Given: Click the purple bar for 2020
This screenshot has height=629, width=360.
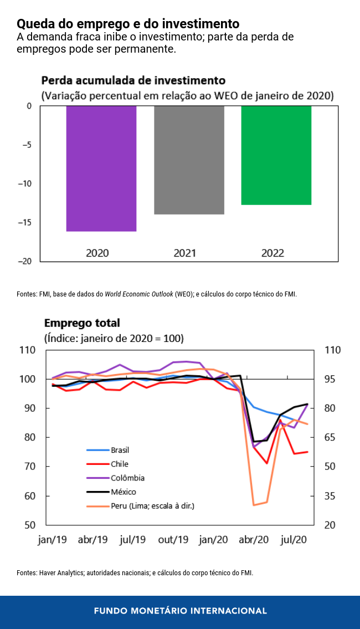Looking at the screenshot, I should tap(101, 168).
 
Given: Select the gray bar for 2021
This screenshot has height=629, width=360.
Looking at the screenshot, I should tap(189, 160).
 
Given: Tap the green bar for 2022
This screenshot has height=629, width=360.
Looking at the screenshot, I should tap(276, 155).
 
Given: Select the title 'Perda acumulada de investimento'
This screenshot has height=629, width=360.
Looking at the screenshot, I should tap(133, 80).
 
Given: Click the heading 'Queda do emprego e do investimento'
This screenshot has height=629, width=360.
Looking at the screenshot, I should tap(128, 24).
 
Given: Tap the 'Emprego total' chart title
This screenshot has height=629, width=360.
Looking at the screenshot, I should tap(82, 323).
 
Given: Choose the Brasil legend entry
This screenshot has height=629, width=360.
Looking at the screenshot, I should tap(120, 451).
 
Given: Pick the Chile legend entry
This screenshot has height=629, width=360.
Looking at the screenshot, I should tap(119, 464).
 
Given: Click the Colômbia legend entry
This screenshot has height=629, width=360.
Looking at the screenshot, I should tap(127, 478).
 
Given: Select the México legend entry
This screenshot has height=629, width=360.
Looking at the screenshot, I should tap(123, 492).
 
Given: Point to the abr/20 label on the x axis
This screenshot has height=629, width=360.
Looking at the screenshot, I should tap(254, 539).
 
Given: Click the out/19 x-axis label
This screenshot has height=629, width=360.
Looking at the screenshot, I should tap(173, 539).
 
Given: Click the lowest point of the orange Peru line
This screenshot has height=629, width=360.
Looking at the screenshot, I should tap(254, 505).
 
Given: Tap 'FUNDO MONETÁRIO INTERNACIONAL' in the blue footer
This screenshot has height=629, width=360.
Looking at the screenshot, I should tap(180, 611).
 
